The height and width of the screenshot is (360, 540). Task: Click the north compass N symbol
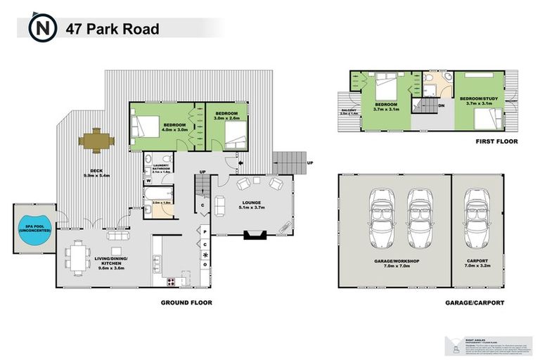(x=40, y=29)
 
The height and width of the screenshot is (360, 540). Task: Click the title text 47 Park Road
(x=112, y=29)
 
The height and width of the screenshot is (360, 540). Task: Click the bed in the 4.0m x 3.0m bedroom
(x=146, y=125)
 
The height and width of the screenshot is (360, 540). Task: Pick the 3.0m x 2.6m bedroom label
(x=227, y=115)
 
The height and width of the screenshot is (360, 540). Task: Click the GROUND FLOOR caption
(x=186, y=303)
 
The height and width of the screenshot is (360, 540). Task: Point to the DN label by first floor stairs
(x=441, y=107)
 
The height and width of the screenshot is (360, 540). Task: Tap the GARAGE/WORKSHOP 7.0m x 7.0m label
(x=394, y=264)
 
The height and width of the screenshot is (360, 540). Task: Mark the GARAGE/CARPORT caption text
(x=475, y=303)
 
